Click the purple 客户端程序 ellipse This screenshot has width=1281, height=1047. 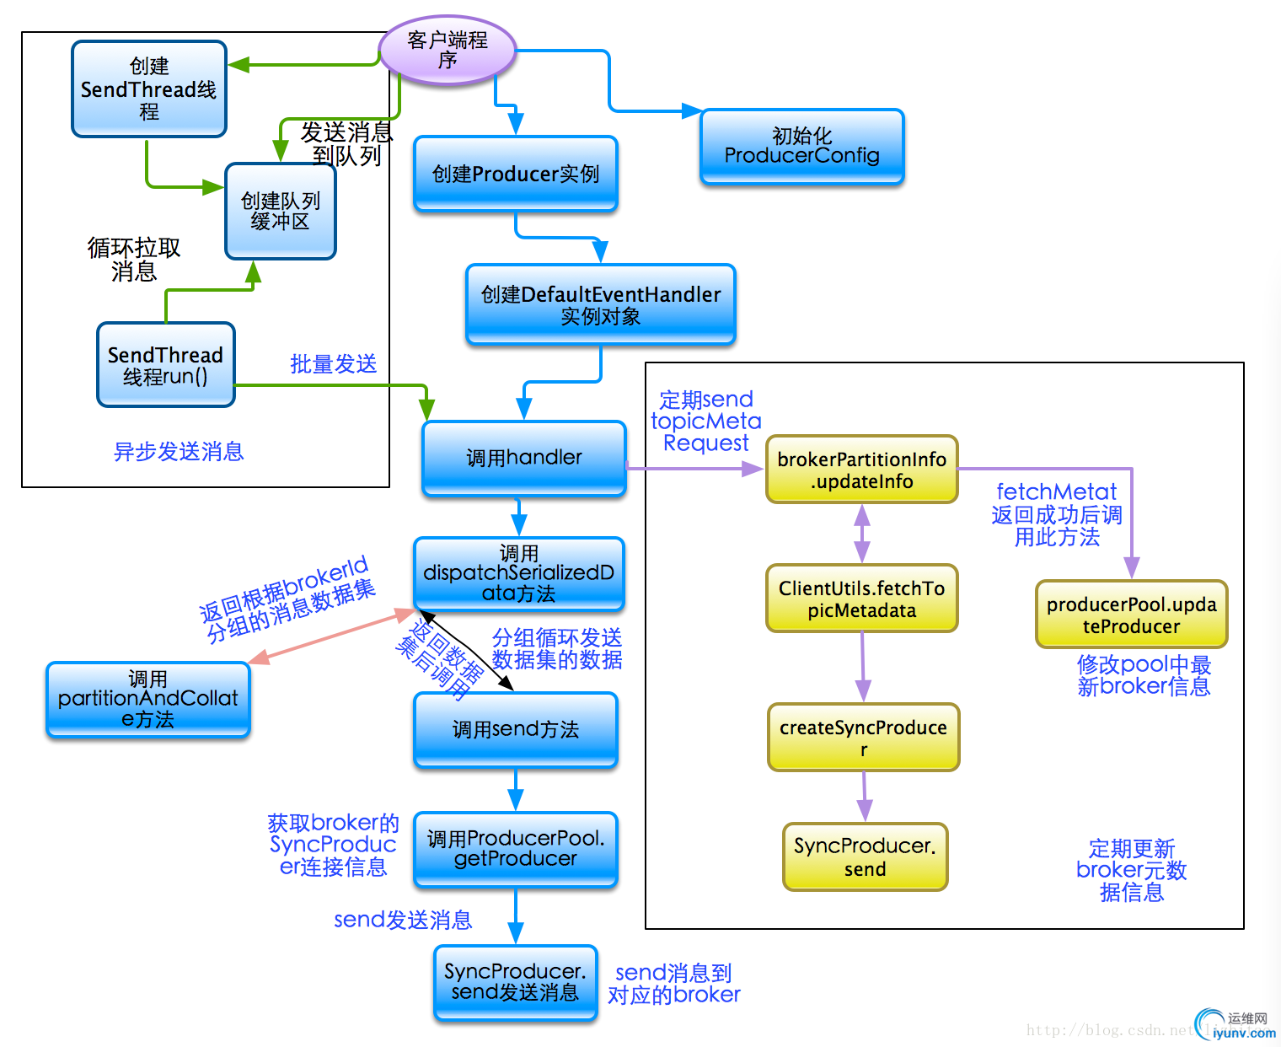448,51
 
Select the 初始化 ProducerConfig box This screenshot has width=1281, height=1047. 801,147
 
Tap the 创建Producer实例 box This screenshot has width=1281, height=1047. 516,174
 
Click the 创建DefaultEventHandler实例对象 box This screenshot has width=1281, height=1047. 601,304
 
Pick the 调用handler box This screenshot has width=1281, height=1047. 523,458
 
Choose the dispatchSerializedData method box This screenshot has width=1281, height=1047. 518,574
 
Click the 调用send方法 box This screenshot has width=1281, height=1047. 516,729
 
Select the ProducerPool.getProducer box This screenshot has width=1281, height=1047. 516,849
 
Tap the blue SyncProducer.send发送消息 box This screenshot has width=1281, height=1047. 515,982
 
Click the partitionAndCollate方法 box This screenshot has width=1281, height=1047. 148,700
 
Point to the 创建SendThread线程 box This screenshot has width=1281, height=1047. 149,89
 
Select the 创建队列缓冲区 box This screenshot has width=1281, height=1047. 281,212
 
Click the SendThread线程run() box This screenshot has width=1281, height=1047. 165,365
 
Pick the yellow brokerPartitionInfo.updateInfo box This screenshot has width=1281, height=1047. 861,470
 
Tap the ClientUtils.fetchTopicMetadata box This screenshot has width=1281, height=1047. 861,599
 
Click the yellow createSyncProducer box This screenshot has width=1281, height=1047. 863,737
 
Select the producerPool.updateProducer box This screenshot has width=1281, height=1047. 1131,615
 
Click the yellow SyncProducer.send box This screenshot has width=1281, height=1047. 865,856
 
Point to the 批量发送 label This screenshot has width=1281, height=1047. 334,364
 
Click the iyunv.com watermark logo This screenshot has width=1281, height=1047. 1235,1025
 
